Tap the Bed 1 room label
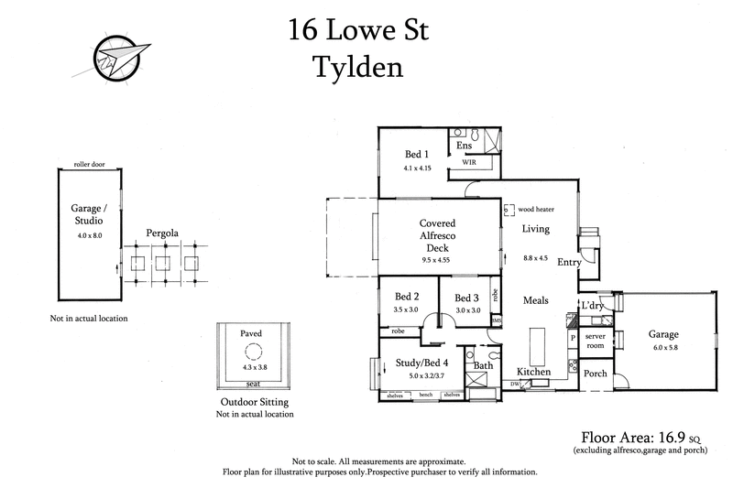[417, 154]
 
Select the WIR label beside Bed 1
[468, 161]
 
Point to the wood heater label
[536, 209]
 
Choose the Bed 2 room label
[407, 297]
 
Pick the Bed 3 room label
[466, 298]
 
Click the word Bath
[484, 366]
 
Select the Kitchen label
[533, 372]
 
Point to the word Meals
[536, 300]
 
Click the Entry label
[569, 263]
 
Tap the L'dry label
[591, 306]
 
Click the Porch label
[596, 373]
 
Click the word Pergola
[163, 234]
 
